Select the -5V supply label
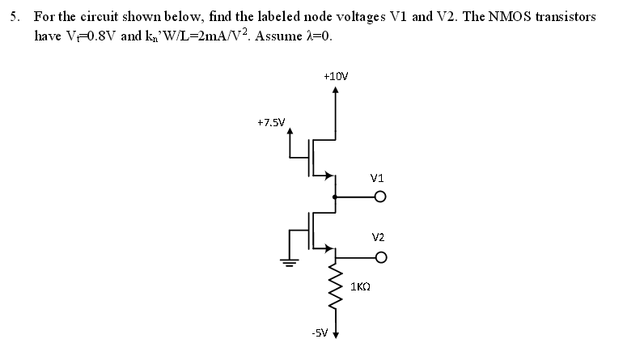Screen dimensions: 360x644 319,332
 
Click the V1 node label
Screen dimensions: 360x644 376,178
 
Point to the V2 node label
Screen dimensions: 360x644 378,237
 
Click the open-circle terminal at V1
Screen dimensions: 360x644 379,197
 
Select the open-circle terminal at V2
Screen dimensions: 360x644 379,257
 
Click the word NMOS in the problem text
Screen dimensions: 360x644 514,17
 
